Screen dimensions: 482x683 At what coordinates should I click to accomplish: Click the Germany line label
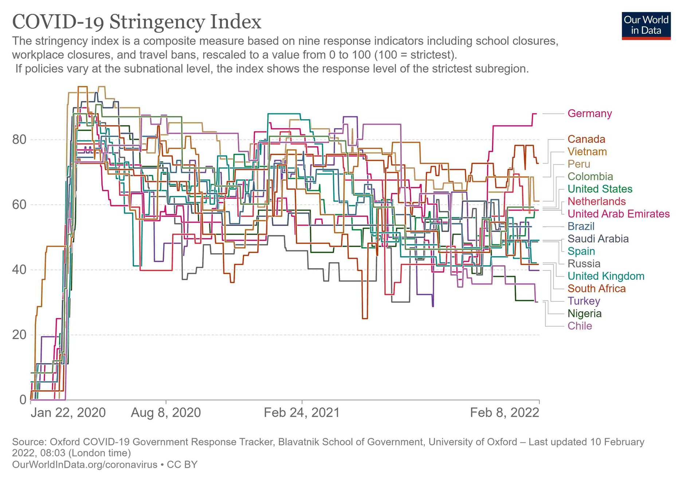click(x=589, y=114)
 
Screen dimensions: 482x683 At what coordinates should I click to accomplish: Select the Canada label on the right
click(x=586, y=139)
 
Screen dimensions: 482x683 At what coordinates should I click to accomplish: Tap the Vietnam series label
click(x=587, y=152)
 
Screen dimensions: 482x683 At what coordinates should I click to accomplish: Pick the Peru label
click(x=578, y=164)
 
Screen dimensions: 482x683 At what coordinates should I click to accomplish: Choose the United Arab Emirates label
click(x=618, y=214)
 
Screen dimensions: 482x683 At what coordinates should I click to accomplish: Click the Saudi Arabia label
click(x=598, y=239)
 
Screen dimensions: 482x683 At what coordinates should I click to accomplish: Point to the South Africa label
click(x=596, y=289)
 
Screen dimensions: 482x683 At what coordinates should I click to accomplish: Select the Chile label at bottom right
click(x=580, y=326)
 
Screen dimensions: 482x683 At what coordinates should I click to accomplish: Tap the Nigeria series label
click(x=584, y=313)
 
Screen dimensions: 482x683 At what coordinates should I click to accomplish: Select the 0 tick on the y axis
click(x=23, y=400)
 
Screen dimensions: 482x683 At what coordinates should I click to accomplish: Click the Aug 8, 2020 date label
click(x=166, y=413)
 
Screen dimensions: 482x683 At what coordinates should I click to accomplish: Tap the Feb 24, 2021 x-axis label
click(x=302, y=413)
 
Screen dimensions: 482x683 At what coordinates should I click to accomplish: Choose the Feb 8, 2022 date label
click(x=504, y=413)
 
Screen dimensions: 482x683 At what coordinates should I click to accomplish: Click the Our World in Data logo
click(x=646, y=26)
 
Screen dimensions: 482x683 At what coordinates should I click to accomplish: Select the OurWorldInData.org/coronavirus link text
click(x=85, y=465)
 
